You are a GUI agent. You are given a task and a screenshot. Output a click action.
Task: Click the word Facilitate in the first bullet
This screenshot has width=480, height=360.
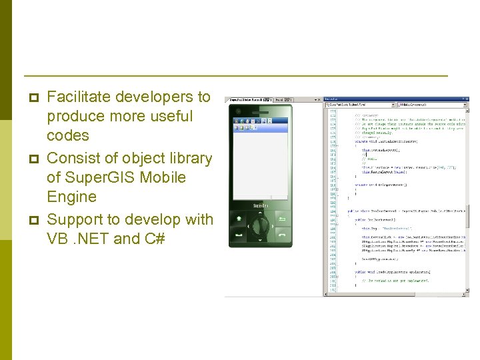78,97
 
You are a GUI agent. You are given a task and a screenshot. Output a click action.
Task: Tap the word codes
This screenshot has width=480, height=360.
67,135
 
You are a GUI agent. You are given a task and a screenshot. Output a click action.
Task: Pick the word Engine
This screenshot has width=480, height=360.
71,197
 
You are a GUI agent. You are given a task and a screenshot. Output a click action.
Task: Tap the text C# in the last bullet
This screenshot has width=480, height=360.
153,239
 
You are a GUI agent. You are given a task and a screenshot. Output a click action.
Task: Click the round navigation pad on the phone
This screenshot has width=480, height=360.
260,226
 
